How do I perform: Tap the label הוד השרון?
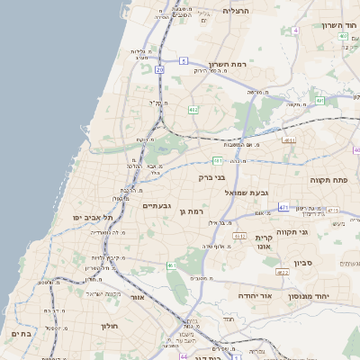[x=339, y=25]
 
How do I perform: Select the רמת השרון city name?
[x=228, y=64]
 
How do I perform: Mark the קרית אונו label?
[x=264, y=242]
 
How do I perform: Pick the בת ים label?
[x=21, y=333]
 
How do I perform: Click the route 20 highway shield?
[x=159, y=69]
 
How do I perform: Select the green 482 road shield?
[x=193, y=110]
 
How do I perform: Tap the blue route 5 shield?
[x=184, y=61]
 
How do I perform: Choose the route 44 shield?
[x=184, y=356]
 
